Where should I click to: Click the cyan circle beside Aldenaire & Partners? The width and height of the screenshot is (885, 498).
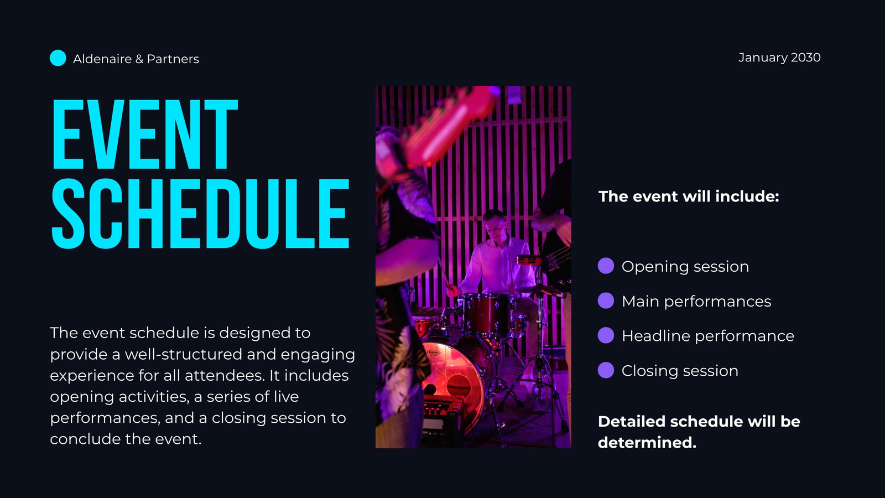coord(58,58)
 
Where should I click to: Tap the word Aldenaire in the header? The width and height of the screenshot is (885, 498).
coord(102,59)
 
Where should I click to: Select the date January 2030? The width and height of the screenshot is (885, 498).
coord(779,58)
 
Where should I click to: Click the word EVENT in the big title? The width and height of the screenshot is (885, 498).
coord(145,134)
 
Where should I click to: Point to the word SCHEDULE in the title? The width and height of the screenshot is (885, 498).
coord(201,214)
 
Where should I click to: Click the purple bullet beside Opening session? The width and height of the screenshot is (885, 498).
coord(606,266)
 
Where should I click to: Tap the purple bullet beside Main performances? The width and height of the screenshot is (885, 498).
coord(606,301)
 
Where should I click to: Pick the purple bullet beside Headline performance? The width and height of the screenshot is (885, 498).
coord(606,335)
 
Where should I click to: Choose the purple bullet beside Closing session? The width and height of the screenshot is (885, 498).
coord(606,370)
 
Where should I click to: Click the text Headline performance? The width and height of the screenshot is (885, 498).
coord(708,336)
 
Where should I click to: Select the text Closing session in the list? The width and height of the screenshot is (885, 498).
coord(680,371)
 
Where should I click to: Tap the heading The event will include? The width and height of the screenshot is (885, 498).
coord(689,196)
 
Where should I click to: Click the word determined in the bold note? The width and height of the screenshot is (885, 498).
coord(647,443)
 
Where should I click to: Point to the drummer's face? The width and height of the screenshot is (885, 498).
coord(495,225)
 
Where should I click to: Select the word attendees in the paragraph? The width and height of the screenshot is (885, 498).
coord(225,376)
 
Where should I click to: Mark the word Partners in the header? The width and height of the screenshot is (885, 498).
coord(173,59)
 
